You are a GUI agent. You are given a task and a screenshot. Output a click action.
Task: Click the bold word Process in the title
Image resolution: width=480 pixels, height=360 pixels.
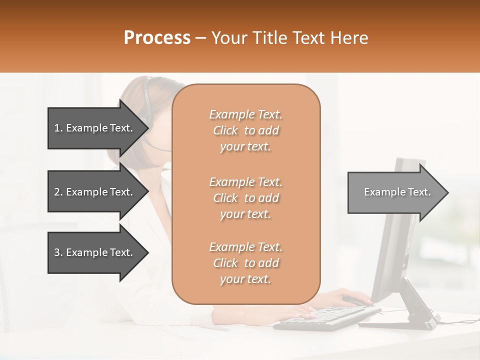click(157, 37)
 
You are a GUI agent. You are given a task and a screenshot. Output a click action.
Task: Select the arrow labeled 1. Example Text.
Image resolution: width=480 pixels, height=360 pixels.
click(95, 128)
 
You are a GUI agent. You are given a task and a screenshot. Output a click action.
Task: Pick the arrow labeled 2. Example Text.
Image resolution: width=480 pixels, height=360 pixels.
click(95, 192)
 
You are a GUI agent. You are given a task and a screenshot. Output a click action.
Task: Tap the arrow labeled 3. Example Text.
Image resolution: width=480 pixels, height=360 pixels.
click(95, 252)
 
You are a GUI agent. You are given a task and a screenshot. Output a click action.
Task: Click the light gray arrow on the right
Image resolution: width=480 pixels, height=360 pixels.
click(395, 192)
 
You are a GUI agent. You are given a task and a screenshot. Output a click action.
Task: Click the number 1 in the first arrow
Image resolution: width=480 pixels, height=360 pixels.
click(57, 128)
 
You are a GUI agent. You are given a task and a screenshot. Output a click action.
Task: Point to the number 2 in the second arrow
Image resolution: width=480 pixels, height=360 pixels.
click(57, 192)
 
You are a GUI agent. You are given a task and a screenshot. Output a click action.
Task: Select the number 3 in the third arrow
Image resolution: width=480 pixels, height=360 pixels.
click(57, 252)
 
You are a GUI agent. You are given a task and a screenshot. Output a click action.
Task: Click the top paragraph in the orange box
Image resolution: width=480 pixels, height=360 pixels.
click(245, 130)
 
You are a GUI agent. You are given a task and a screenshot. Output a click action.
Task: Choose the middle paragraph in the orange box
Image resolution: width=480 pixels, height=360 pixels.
click(245, 198)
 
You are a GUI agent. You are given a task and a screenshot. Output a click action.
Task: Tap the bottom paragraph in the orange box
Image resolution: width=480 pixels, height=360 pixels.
click(245, 263)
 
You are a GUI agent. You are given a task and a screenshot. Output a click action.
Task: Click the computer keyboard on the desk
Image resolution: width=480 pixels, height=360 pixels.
click(325, 317)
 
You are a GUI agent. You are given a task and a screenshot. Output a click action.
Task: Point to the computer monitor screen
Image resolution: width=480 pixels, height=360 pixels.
click(397, 225)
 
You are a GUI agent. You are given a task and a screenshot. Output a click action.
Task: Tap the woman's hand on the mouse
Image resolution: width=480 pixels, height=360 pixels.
click(345, 297)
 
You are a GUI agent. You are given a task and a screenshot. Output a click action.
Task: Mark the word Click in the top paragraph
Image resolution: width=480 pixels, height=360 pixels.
click(225, 130)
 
